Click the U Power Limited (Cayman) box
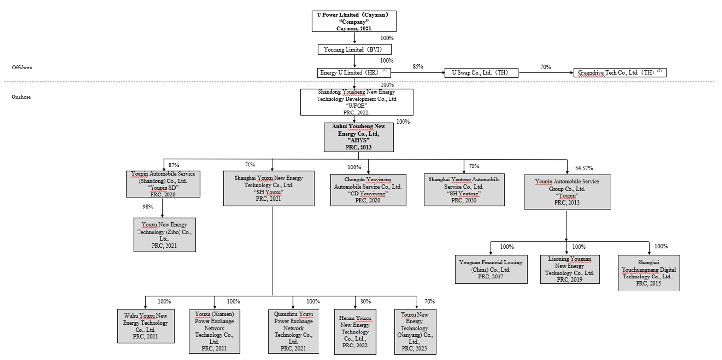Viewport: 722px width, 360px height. pos(355,22)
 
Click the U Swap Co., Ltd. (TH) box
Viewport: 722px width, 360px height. pos(481,73)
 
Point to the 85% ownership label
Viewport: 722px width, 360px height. pos(417,66)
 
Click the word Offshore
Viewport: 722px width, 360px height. pos(22,68)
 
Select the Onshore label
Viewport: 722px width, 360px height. pos(21,97)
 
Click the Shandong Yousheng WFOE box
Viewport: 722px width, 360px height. pos(357,102)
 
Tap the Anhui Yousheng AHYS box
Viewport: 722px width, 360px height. pos(359,137)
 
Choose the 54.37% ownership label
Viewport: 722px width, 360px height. pos(584,168)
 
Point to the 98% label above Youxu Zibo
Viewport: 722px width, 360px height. pos(148,207)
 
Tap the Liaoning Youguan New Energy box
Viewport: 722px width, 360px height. pos(569,269)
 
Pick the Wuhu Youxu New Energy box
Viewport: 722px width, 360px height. pos(146,326)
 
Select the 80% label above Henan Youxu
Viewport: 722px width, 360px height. pos(365,302)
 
